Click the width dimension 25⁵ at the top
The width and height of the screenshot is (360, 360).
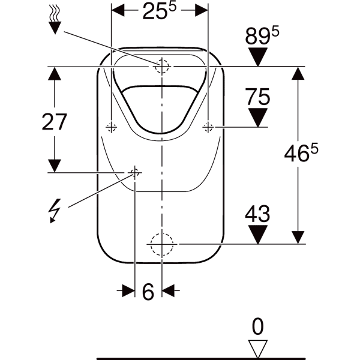click(x=159, y=10)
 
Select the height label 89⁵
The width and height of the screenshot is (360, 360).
click(x=262, y=36)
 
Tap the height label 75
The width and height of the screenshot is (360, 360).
click(x=257, y=97)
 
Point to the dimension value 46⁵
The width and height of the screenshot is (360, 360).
click(x=301, y=152)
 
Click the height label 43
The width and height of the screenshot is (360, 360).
click(x=257, y=214)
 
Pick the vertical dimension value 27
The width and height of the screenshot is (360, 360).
click(x=54, y=122)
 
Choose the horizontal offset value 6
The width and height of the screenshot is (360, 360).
click(x=148, y=292)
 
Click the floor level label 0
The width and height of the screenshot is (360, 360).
click(x=257, y=327)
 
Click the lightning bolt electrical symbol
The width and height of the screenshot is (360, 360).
click(x=55, y=211)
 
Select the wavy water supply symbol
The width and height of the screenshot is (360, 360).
click(x=55, y=20)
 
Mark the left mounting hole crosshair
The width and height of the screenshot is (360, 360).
click(x=111, y=127)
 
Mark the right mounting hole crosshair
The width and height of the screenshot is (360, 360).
click(x=208, y=127)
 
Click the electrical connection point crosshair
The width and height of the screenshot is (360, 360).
click(x=135, y=172)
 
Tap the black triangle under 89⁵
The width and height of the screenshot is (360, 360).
click(x=258, y=57)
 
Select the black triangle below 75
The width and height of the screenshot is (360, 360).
click(x=258, y=118)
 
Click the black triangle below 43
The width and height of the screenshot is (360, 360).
click(x=258, y=235)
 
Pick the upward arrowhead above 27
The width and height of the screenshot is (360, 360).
click(x=55, y=73)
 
